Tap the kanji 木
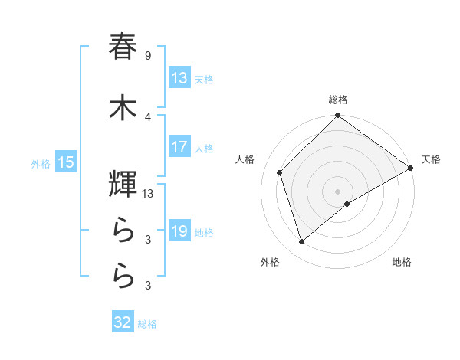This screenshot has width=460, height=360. [x=123, y=107]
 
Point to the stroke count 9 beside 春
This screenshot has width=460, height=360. [x=147, y=56]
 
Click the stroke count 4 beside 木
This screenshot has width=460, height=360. [x=147, y=117]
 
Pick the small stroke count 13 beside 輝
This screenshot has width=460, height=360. [x=149, y=194]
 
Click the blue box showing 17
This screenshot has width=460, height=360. [x=179, y=148]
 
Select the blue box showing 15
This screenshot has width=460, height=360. [x=65, y=162]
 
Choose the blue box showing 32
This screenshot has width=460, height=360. [x=123, y=322]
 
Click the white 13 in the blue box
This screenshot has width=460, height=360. [x=179, y=78]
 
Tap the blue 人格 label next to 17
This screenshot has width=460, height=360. [x=204, y=149]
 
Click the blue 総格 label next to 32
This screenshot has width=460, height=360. [x=147, y=324]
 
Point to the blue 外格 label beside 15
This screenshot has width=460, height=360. [x=41, y=163]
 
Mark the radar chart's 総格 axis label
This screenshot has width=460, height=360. [x=338, y=100]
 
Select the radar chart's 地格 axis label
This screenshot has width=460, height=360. [x=402, y=262]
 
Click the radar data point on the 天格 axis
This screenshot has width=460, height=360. [x=411, y=168]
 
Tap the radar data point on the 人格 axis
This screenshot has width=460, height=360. [x=280, y=172]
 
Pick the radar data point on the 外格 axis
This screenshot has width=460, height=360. [x=301, y=242]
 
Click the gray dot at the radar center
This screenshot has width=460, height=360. [x=337, y=191]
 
